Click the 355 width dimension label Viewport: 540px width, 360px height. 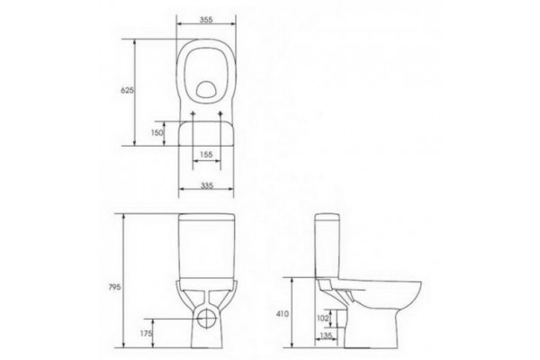pos(206,20)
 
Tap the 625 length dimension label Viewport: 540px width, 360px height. pos(127,91)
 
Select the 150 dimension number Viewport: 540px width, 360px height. pos(157,132)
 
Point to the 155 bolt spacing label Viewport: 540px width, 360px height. pos(206,155)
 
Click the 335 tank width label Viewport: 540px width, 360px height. pos(207,185)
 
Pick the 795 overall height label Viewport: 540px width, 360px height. pos(114,287)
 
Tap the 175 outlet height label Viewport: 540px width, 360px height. pos(146,334)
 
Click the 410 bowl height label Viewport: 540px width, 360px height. pos(283,314)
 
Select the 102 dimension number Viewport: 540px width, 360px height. pos(322,319)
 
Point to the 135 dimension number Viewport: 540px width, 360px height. pos(326,335)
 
